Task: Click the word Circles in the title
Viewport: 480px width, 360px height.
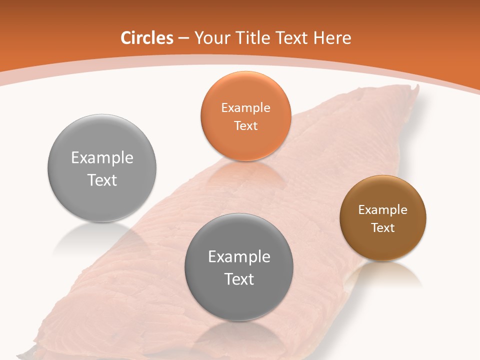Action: tap(147, 38)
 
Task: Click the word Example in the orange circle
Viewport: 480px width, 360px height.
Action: tap(245, 107)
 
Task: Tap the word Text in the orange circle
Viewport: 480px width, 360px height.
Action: tap(245, 125)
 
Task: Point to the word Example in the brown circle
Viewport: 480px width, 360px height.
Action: tap(382, 210)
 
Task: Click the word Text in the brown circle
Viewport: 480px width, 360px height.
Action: tap(382, 228)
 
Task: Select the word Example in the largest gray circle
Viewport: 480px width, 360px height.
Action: tap(102, 158)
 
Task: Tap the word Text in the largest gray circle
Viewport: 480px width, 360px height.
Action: tap(102, 180)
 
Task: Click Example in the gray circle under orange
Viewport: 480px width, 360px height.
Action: tap(239, 257)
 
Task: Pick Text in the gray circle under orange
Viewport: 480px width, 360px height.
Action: tap(239, 279)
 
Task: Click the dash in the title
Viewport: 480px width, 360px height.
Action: tap(183, 38)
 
